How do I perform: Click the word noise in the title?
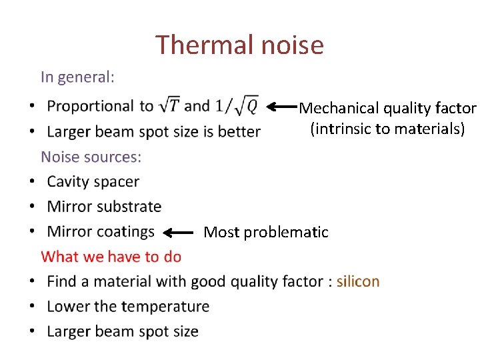293,45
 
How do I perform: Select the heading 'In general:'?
77,77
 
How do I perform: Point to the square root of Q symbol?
247,105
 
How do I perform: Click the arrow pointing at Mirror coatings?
178,233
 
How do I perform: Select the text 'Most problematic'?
266,232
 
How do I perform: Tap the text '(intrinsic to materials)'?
387,129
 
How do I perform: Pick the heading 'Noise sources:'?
91,157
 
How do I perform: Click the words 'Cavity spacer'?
93,181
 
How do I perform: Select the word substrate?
130,207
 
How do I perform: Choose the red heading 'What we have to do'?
111,256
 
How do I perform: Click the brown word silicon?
358,281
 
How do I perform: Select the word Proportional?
91,106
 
